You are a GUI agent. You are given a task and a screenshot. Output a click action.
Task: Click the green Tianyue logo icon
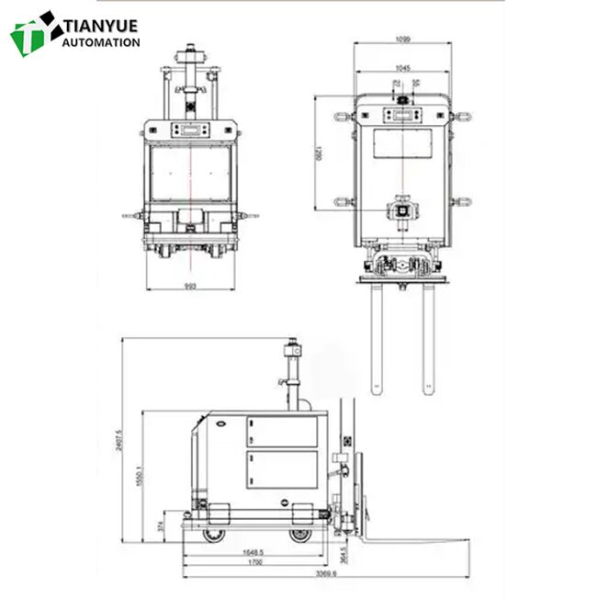tap(33, 34)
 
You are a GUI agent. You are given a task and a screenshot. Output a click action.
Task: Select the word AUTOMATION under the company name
tap(100, 42)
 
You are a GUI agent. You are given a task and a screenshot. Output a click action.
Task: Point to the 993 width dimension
tap(190, 286)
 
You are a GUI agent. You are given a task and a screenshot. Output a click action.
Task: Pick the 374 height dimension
tap(161, 525)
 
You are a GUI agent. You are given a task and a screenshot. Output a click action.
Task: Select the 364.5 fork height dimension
tap(342, 551)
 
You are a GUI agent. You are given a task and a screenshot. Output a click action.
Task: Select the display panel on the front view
tap(190, 129)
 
